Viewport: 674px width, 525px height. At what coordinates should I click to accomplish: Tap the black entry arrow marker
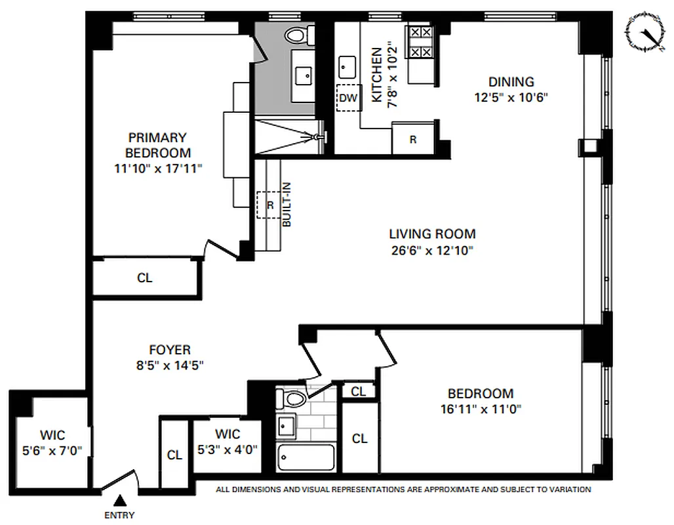click(121, 501)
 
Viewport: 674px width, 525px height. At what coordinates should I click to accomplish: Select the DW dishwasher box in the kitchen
click(349, 98)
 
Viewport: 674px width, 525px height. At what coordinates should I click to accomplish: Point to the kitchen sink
click(347, 66)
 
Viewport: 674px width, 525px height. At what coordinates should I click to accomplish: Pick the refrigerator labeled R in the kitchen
click(412, 139)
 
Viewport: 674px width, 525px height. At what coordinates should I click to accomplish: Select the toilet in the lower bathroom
click(290, 398)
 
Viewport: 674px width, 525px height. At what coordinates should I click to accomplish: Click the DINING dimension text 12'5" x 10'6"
click(511, 98)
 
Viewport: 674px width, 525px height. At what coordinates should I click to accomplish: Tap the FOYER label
click(169, 350)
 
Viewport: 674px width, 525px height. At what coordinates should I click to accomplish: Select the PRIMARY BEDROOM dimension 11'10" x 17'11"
click(157, 169)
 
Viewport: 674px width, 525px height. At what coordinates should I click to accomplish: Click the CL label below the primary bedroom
click(144, 278)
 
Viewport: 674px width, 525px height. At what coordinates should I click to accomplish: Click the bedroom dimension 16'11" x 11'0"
click(480, 409)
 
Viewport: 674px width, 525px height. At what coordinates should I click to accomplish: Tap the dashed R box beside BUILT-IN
click(268, 205)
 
